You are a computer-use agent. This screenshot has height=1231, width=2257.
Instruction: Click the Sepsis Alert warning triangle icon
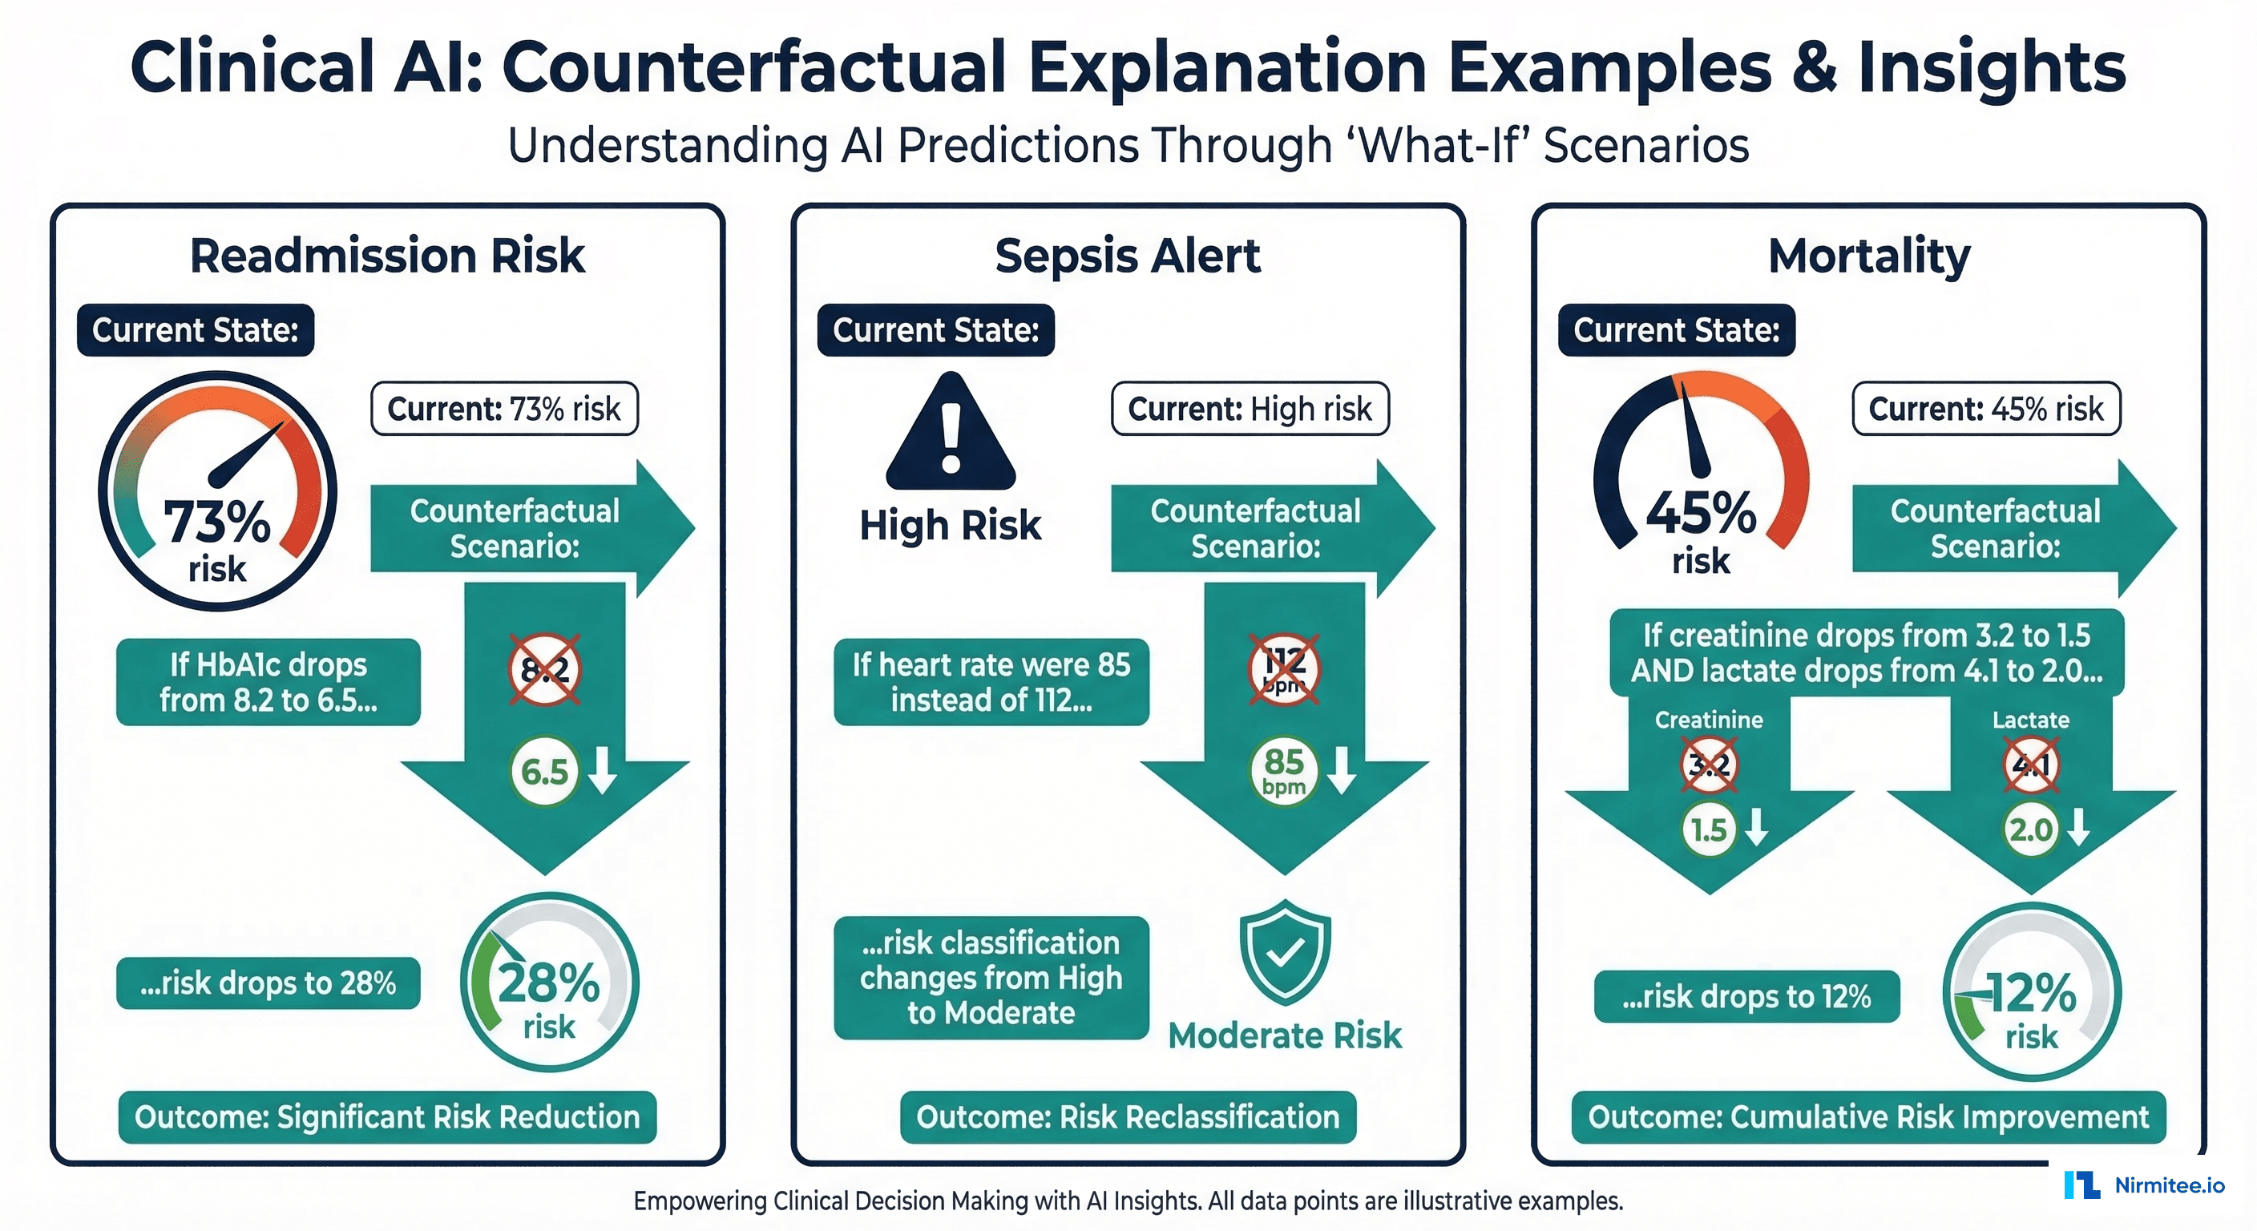pos(951,434)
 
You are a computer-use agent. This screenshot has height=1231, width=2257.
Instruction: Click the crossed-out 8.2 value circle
pos(545,670)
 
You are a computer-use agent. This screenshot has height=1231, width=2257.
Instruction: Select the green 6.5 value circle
pos(544,772)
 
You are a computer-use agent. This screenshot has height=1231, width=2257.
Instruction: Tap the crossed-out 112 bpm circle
pos(1285,670)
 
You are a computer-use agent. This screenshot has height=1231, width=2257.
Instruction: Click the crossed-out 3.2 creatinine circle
pos(1709,765)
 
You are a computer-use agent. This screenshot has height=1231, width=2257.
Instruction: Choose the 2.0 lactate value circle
pos(2030,829)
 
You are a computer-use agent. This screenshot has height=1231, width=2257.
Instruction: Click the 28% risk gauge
pos(549,983)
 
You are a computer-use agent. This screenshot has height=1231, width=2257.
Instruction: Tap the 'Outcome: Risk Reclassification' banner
pos(1128,1117)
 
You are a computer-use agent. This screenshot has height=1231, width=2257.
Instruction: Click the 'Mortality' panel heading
pos(1868,256)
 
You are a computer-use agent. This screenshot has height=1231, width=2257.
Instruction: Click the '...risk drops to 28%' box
pos(268,983)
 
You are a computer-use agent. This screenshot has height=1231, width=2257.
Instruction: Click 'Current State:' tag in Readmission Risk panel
pos(196,330)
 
